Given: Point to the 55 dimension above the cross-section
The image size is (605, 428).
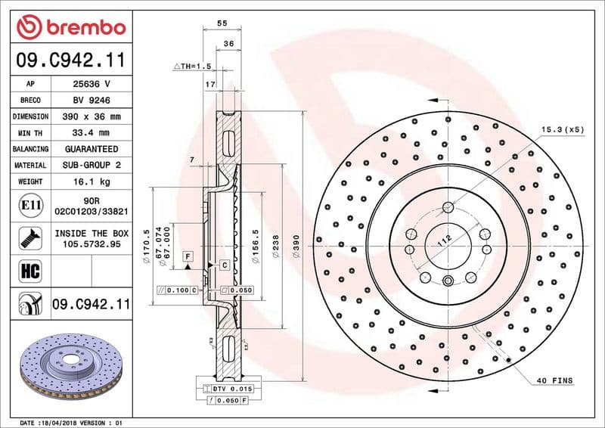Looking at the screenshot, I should click(x=222, y=24).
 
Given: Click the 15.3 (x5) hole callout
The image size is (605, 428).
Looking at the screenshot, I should click(x=563, y=129).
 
